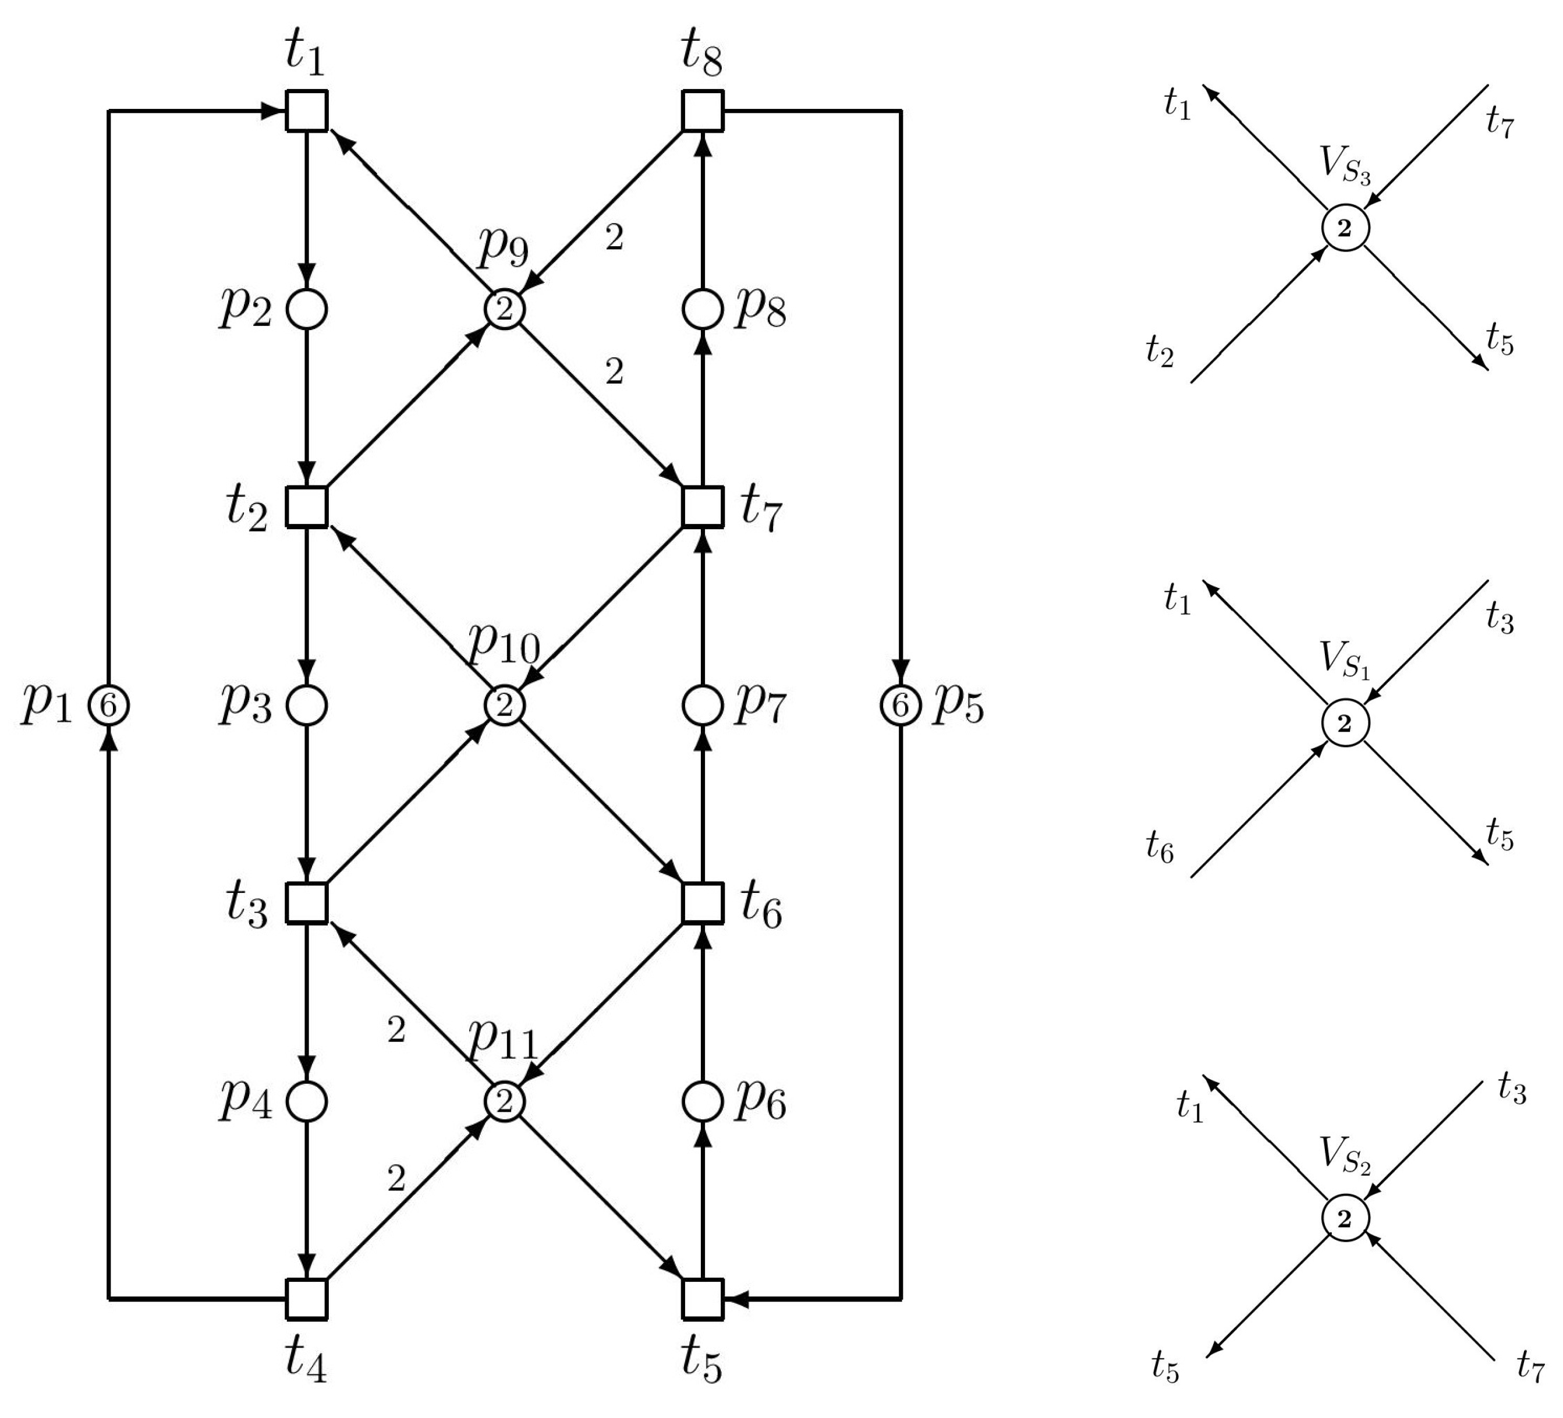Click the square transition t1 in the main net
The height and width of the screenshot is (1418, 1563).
click(x=307, y=111)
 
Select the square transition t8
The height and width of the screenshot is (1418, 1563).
click(x=703, y=111)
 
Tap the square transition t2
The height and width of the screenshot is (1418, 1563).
click(x=307, y=507)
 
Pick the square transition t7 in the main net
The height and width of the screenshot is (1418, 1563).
click(x=703, y=507)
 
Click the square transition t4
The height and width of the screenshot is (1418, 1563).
click(x=307, y=1299)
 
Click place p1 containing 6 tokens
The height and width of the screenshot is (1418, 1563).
click(x=108, y=706)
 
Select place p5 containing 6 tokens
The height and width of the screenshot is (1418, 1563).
click(x=900, y=706)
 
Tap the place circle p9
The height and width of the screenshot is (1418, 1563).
click(x=505, y=309)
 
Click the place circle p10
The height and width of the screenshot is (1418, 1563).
click(x=505, y=706)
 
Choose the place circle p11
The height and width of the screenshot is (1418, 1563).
click(x=505, y=1101)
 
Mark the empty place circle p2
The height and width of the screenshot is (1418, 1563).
click(x=307, y=309)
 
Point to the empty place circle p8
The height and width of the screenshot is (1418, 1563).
click(x=703, y=309)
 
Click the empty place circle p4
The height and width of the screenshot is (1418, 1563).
click(x=307, y=1101)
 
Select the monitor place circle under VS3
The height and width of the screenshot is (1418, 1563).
click(x=1345, y=229)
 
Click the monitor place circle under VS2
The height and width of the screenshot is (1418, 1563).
click(x=1345, y=1220)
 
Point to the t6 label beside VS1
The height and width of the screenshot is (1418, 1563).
click(x=1160, y=846)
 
